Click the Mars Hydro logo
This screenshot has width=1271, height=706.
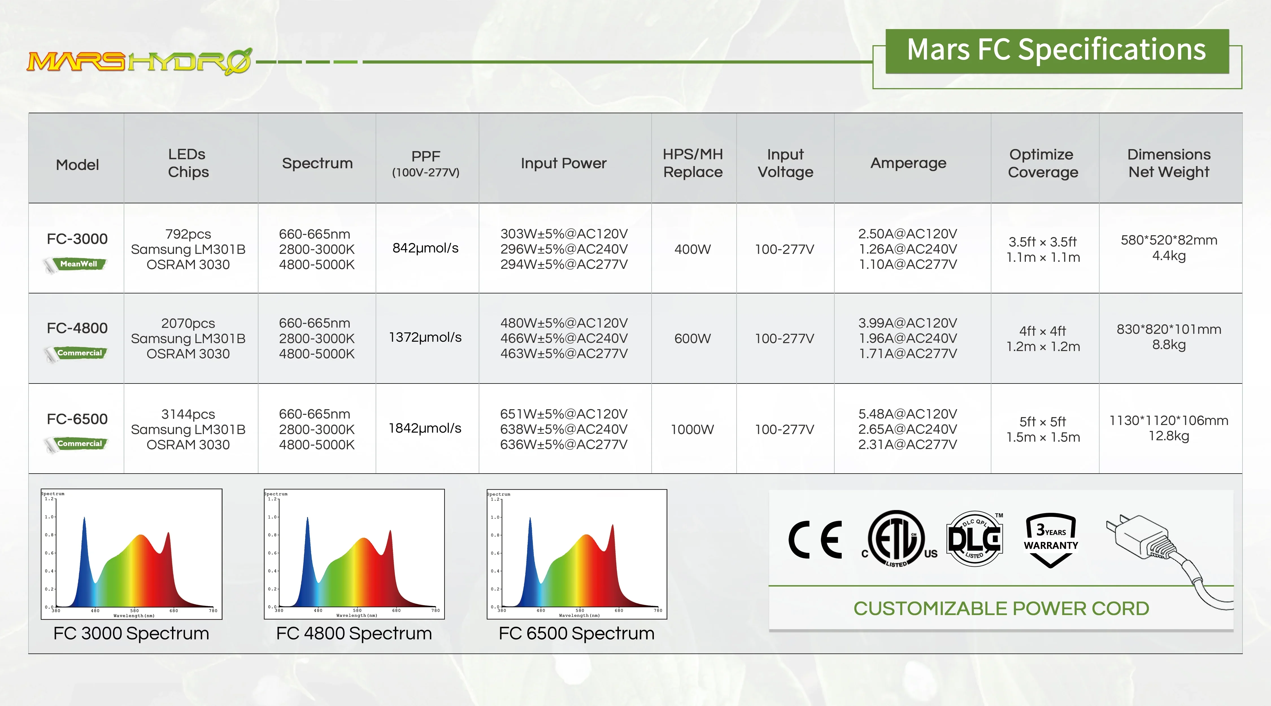pos(140,62)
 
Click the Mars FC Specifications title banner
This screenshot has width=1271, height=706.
pos(1057,51)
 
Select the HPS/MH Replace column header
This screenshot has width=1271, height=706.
pos(693,163)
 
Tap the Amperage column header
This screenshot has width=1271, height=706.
pos(908,163)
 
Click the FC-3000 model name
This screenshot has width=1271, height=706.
pos(77,239)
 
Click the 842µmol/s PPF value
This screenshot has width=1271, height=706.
pos(425,248)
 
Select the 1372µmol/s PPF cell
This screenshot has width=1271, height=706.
pos(425,337)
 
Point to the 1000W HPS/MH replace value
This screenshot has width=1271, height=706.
pos(692,429)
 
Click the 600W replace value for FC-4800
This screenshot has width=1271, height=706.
pos(693,338)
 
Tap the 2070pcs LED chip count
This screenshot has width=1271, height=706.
pos(188,323)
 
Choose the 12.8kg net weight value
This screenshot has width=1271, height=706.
pos(1169,436)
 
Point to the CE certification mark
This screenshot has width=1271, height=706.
pos(815,540)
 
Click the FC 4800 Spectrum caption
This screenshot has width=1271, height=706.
pos(354,633)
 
